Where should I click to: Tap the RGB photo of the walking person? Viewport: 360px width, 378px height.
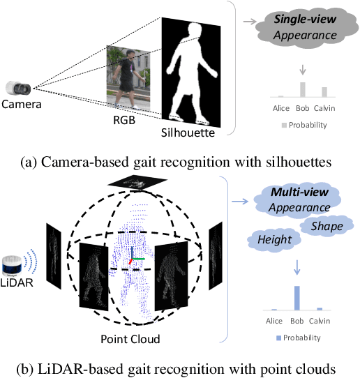(x=126, y=80)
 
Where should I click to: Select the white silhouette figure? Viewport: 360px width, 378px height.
(x=192, y=70)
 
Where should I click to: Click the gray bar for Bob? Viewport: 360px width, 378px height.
(x=302, y=89)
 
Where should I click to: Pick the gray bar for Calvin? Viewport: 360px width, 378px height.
(x=324, y=92)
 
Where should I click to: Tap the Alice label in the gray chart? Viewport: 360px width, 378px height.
(x=280, y=108)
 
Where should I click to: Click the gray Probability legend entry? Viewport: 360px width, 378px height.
(x=303, y=125)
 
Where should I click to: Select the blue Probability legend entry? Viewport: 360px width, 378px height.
(x=302, y=338)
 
